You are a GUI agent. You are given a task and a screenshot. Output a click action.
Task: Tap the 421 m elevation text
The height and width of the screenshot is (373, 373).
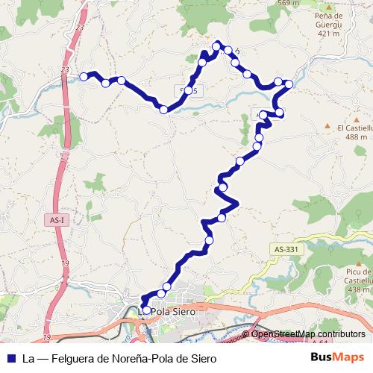[x=328, y=33]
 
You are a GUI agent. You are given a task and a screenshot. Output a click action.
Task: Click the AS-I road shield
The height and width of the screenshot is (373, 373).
[x=58, y=220]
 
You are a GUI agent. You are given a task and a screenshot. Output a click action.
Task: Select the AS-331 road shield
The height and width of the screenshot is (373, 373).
[x=286, y=249]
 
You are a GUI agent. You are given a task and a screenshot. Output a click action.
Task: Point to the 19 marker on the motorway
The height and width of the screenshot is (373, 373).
[x=65, y=264]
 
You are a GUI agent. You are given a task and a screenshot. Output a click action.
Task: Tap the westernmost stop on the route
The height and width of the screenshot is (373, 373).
[x=84, y=76]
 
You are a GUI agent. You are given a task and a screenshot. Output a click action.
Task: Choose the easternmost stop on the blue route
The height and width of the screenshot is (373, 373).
[x=289, y=84]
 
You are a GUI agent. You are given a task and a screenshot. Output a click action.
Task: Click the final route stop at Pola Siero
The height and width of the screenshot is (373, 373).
[x=146, y=310]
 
